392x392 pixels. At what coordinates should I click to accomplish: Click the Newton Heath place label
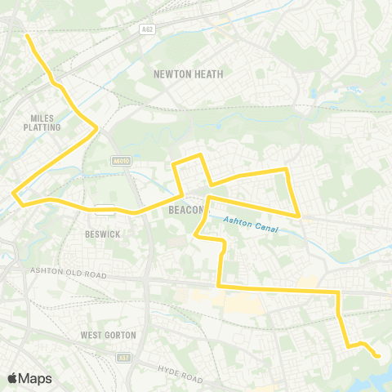point(189,73)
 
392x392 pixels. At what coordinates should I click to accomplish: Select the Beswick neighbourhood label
point(103,234)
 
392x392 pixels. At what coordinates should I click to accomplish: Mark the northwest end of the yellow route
point(28,36)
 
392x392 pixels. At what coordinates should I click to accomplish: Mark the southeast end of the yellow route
point(378,357)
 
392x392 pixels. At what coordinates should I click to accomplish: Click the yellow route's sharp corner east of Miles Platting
point(97,127)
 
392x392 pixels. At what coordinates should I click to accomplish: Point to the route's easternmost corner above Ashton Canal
point(300,216)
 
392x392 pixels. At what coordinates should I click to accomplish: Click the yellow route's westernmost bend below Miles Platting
point(16,194)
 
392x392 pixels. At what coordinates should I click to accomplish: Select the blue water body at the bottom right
point(372,377)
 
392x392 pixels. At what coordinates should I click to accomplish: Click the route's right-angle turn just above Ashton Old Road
point(219,287)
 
